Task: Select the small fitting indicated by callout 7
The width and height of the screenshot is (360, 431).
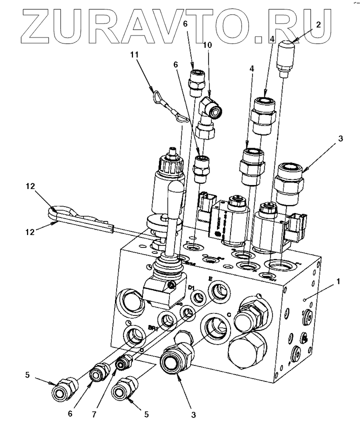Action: (122, 363)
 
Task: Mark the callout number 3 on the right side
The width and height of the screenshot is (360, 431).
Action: (340, 138)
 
